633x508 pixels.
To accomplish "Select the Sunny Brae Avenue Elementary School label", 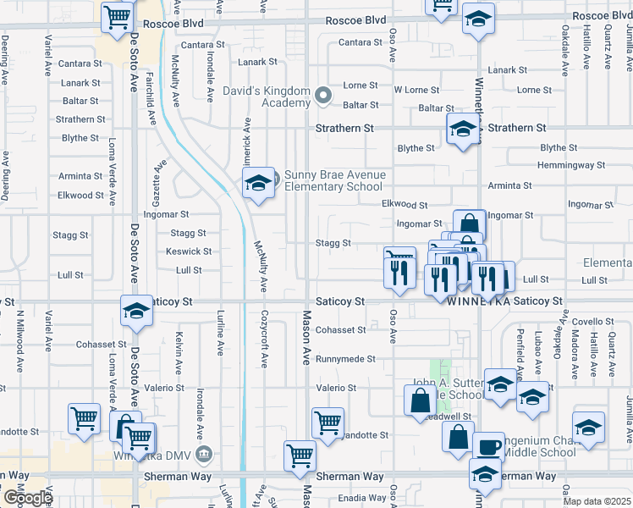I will (334, 181).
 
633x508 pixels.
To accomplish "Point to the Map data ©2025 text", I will (596, 501).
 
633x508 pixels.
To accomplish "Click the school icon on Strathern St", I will (463, 130).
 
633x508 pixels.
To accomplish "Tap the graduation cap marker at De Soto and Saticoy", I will (135, 312).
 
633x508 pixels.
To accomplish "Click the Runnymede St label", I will (345, 359).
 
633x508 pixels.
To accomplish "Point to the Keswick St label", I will (189, 251).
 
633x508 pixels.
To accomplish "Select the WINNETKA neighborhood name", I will (477, 301).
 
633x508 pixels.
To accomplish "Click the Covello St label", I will (592, 322).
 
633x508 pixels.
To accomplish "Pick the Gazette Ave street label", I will (157, 187).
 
